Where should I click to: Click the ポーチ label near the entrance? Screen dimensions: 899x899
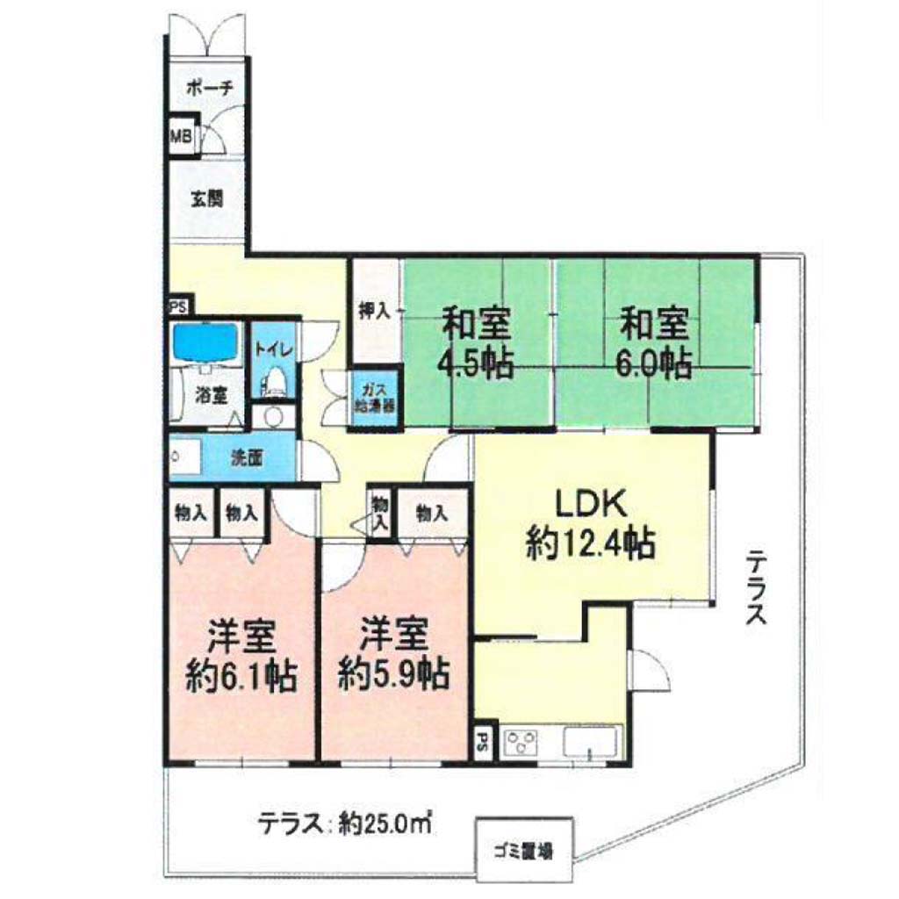[x=210, y=88]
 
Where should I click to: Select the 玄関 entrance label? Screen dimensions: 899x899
[x=206, y=198]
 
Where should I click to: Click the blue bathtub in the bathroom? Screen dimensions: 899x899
[x=205, y=342]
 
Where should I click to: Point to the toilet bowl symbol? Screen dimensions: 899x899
[x=275, y=381]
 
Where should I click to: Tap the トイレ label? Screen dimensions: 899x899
[x=274, y=349]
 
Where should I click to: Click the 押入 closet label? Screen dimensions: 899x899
[x=374, y=310]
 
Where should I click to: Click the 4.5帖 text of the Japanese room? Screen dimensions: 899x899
[x=475, y=363]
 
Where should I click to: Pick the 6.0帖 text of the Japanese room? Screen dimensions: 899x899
[x=653, y=363]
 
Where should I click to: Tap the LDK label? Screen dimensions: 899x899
[x=591, y=505]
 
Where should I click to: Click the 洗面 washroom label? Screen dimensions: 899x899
[x=247, y=457]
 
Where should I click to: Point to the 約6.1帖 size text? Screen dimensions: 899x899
[x=241, y=677]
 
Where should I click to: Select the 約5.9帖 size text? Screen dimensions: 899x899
[x=393, y=674]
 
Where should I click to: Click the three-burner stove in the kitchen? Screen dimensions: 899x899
[x=520, y=743]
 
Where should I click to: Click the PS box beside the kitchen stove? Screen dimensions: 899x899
[x=484, y=742]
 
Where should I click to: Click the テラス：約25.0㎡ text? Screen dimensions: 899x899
[x=345, y=823]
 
